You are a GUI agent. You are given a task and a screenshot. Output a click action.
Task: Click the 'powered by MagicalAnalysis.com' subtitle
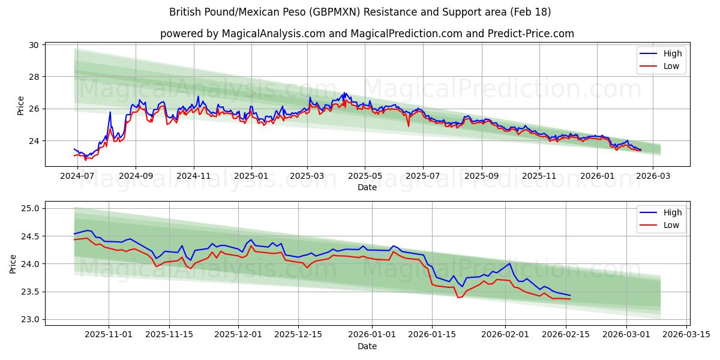pos(367,34)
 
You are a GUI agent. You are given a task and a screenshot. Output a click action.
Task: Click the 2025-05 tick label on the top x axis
pos(365,176)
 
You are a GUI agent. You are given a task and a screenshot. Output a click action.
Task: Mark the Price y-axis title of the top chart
pos(21,106)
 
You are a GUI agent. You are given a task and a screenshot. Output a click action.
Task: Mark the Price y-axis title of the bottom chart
pos(13,264)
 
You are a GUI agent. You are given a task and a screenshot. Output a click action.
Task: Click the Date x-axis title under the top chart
pos(367,187)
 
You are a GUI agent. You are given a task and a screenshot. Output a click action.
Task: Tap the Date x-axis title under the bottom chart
pos(367,346)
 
